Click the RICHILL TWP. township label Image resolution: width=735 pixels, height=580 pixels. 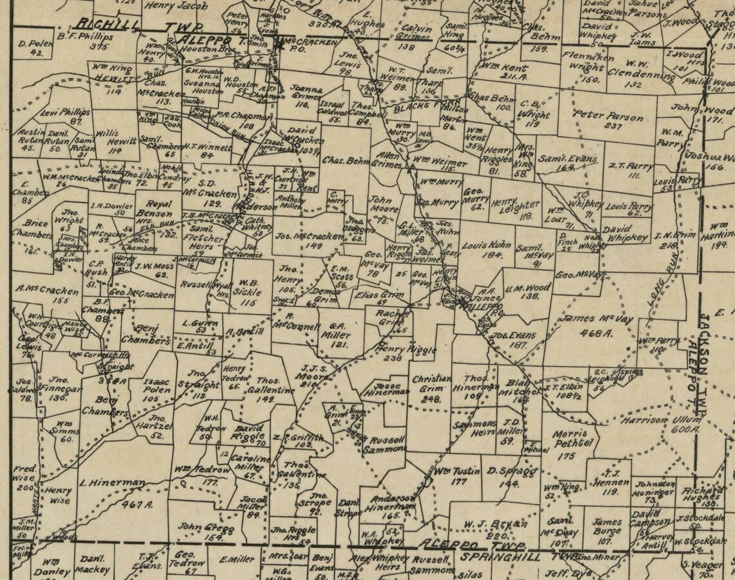(139, 26)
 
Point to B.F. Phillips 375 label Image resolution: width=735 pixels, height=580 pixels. (93, 41)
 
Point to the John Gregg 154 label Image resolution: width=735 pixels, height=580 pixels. (200, 530)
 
